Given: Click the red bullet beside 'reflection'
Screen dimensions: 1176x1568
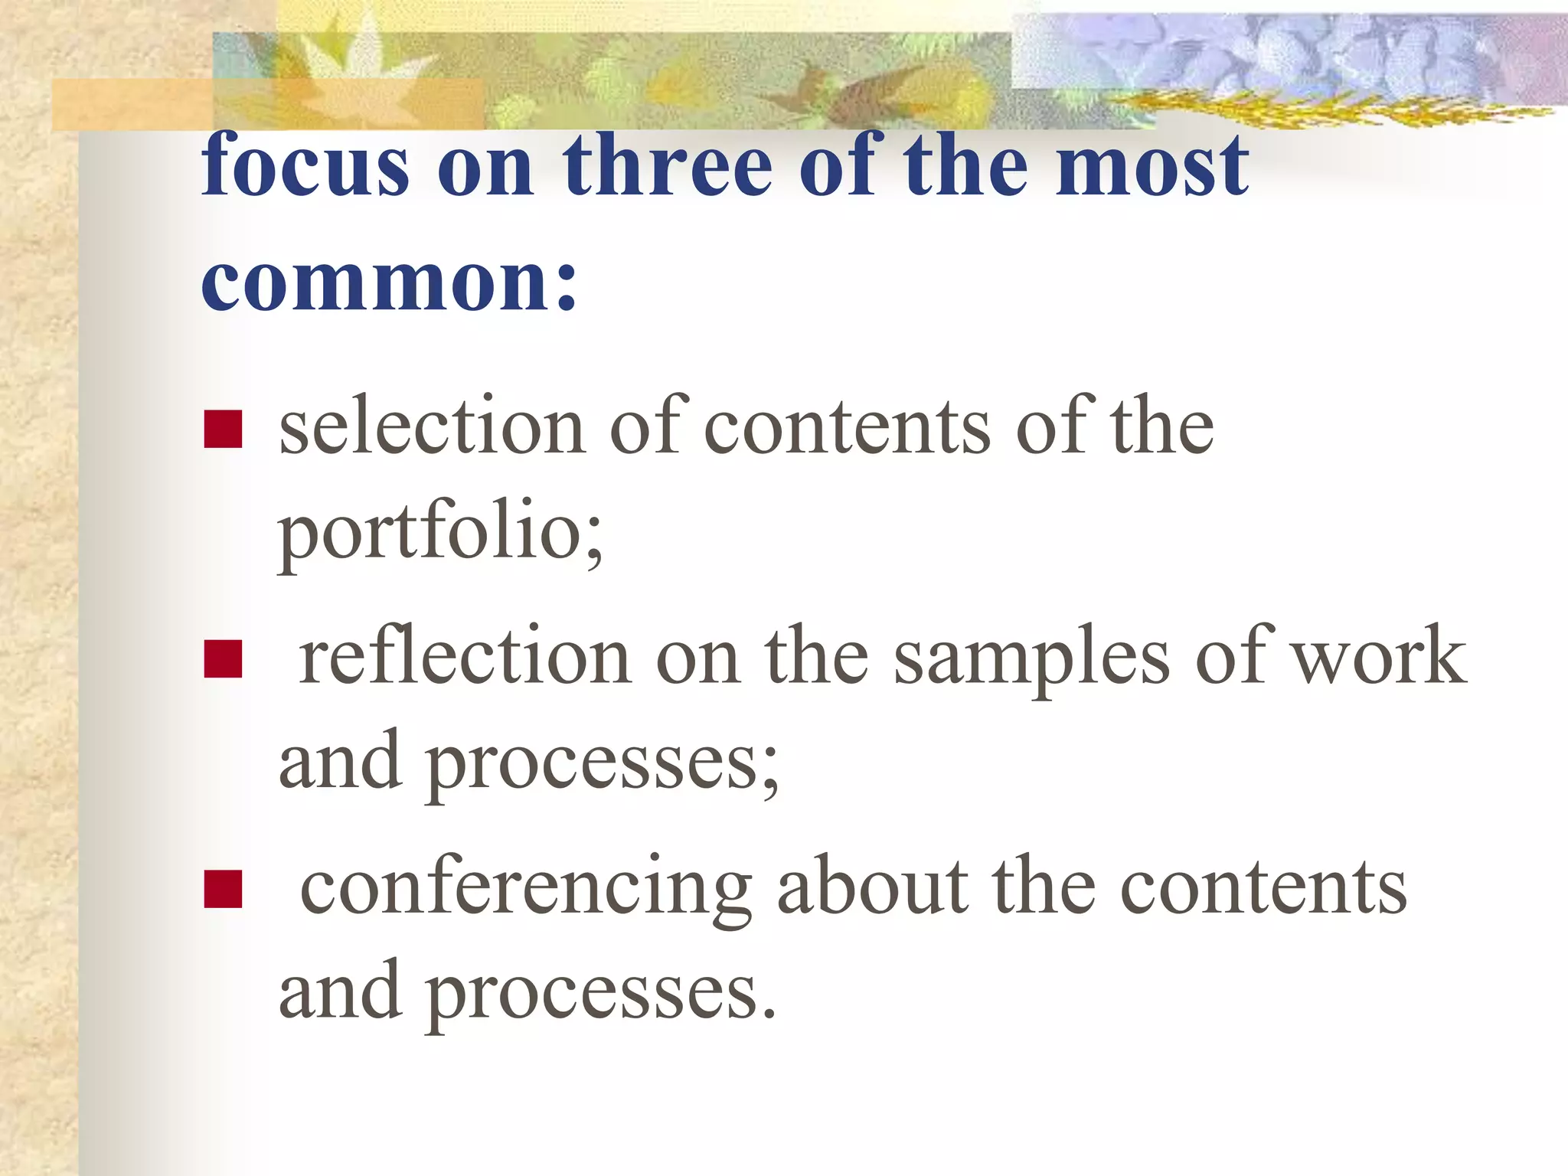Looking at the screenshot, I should [x=223, y=659].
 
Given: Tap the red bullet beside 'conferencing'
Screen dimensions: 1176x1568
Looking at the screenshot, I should [x=223, y=889].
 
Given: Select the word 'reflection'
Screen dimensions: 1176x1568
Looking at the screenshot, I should [x=465, y=656].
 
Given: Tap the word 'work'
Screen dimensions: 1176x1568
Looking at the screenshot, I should [x=1378, y=656].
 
